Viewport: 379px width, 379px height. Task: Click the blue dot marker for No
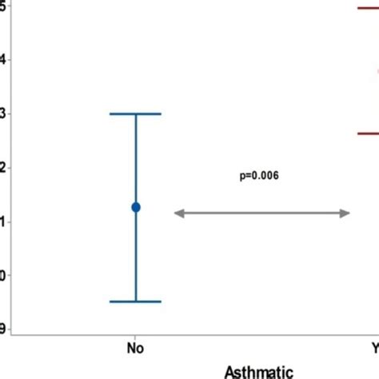136,207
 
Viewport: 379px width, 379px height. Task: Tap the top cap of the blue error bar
135,114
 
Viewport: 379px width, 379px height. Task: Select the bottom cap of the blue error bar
135,301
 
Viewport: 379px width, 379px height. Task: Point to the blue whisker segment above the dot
135,160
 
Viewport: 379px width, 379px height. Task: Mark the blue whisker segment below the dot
135,256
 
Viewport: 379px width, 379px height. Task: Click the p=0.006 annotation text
259,175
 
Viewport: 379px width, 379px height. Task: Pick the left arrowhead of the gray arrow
180,213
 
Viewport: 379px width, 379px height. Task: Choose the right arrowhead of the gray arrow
345,213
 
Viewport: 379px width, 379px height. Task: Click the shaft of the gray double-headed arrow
262,213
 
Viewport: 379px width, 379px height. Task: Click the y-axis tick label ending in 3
3,114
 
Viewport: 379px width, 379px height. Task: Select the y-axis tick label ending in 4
3,59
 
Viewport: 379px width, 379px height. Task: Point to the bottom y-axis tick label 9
3,328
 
